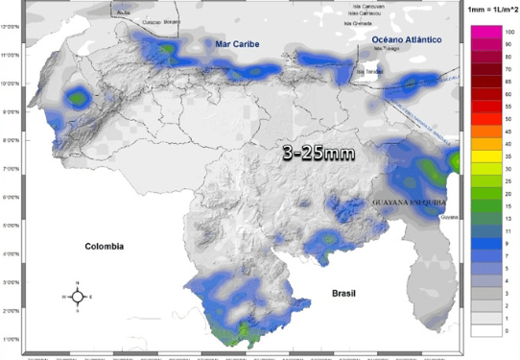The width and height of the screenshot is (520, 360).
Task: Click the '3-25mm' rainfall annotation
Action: pos(319,153)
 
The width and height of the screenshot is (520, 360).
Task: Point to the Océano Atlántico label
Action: pos(406,38)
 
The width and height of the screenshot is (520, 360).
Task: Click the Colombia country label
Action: pos(104,246)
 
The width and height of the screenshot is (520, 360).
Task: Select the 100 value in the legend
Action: pos(510,32)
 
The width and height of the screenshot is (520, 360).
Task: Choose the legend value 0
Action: pos(509,330)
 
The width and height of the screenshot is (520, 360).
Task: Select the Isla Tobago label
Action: pos(386,47)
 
